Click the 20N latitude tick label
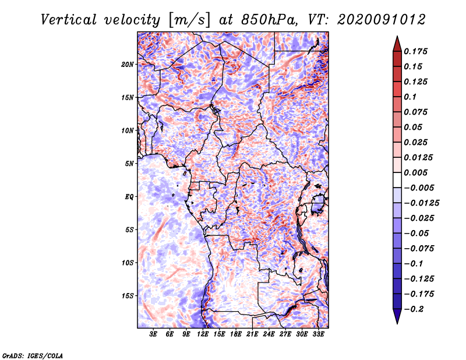(x=128, y=65)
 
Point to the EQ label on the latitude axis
(x=129, y=197)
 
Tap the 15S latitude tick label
(x=128, y=296)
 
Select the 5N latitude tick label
(x=129, y=164)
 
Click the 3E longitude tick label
(x=153, y=334)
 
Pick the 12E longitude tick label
(x=202, y=334)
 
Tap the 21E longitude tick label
(x=252, y=334)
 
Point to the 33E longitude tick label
(x=318, y=334)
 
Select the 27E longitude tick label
(x=285, y=334)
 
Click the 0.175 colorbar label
(x=415, y=51)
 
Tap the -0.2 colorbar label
(x=414, y=309)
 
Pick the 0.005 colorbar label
(x=415, y=172)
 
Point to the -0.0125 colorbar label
(x=421, y=203)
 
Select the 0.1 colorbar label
(x=410, y=97)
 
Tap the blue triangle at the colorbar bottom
(x=397, y=315)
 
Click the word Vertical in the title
(x=69, y=20)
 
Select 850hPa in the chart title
(x=270, y=20)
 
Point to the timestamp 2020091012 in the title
(x=382, y=20)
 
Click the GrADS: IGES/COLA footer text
(x=33, y=355)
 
